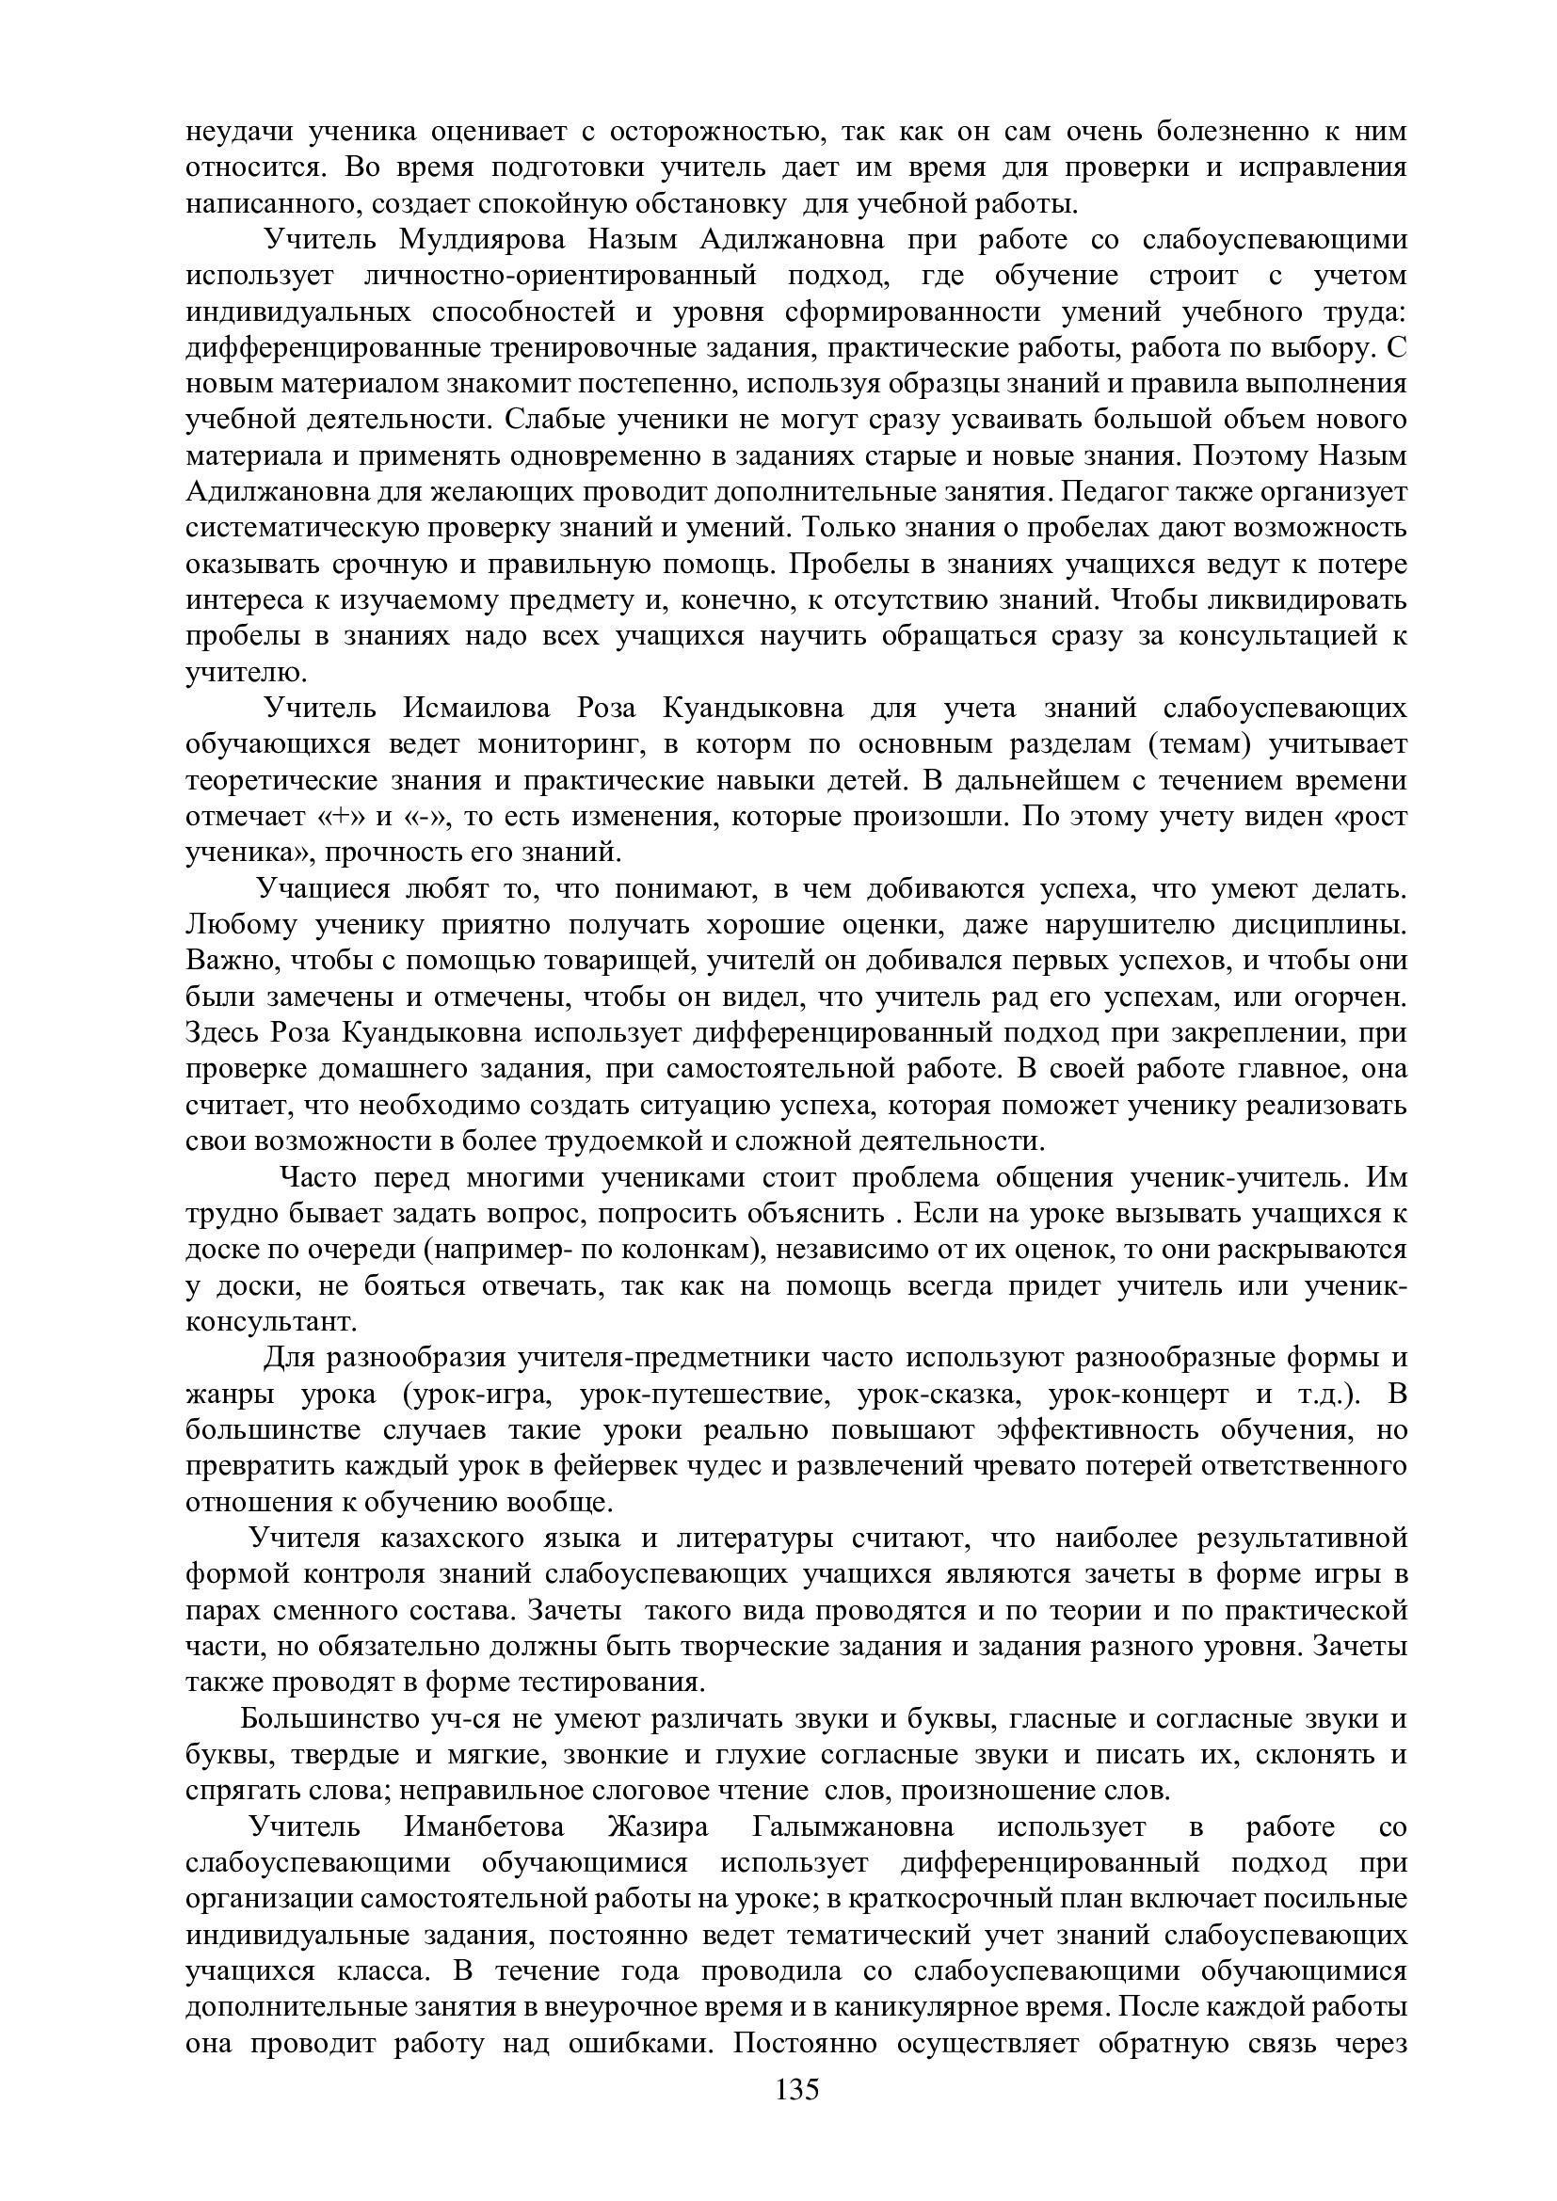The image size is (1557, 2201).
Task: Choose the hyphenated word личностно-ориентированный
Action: pyautogui.click(x=561, y=276)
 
